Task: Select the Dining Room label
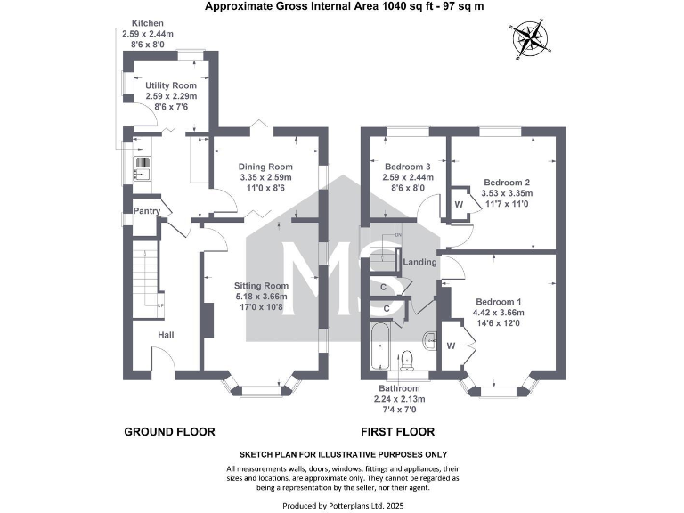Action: tap(265, 167)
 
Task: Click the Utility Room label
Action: tap(170, 85)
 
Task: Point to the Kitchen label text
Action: tap(148, 22)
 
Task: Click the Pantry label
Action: tap(146, 211)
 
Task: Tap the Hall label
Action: tap(167, 335)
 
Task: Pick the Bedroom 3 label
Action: tap(408, 167)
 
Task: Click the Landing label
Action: tap(419, 262)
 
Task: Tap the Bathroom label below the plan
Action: tap(397, 389)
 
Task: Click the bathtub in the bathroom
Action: tap(379, 348)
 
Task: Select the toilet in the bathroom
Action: tap(407, 358)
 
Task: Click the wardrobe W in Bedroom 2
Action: tap(459, 204)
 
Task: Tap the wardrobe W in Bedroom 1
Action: tap(451, 346)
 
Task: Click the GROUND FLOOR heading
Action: tap(169, 432)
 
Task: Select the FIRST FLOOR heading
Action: tap(397, 432)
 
